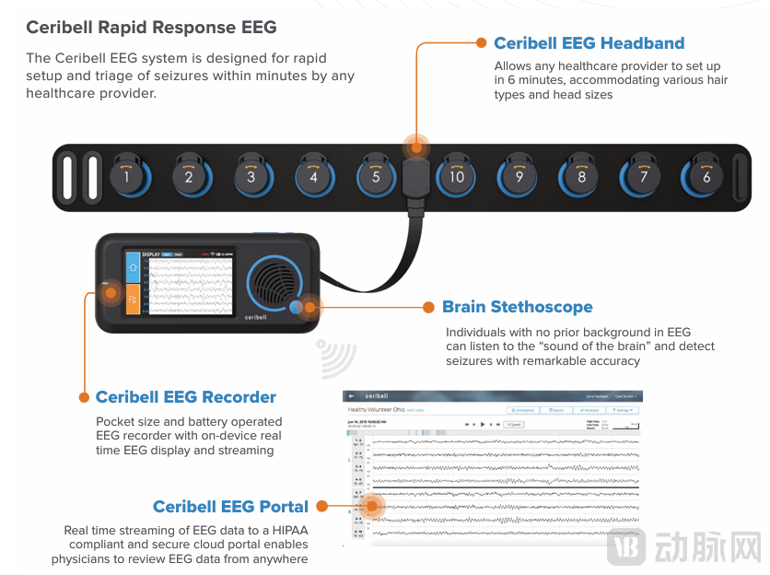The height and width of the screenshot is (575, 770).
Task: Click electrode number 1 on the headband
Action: point(126,175)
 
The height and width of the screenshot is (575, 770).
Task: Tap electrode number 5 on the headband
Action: point(375,175)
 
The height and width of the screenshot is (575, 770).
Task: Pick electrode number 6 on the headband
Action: point(706,175)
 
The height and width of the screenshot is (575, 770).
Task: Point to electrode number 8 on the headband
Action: point(581,175)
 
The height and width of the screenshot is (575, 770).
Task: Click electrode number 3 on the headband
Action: point(251,175)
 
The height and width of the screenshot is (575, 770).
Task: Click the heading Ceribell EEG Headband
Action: point(589,43)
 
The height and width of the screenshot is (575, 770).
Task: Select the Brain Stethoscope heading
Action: point(517,307)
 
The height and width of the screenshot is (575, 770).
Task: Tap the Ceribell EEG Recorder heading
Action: point(185,397)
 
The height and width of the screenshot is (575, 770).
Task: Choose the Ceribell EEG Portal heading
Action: point(230,506)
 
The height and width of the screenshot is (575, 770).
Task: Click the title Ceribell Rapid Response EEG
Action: point(151,27)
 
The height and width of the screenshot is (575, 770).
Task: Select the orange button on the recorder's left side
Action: point(133,299)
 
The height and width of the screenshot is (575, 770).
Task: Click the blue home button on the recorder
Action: point(133,267)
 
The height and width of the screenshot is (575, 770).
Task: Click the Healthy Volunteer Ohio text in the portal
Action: point(379,408)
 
